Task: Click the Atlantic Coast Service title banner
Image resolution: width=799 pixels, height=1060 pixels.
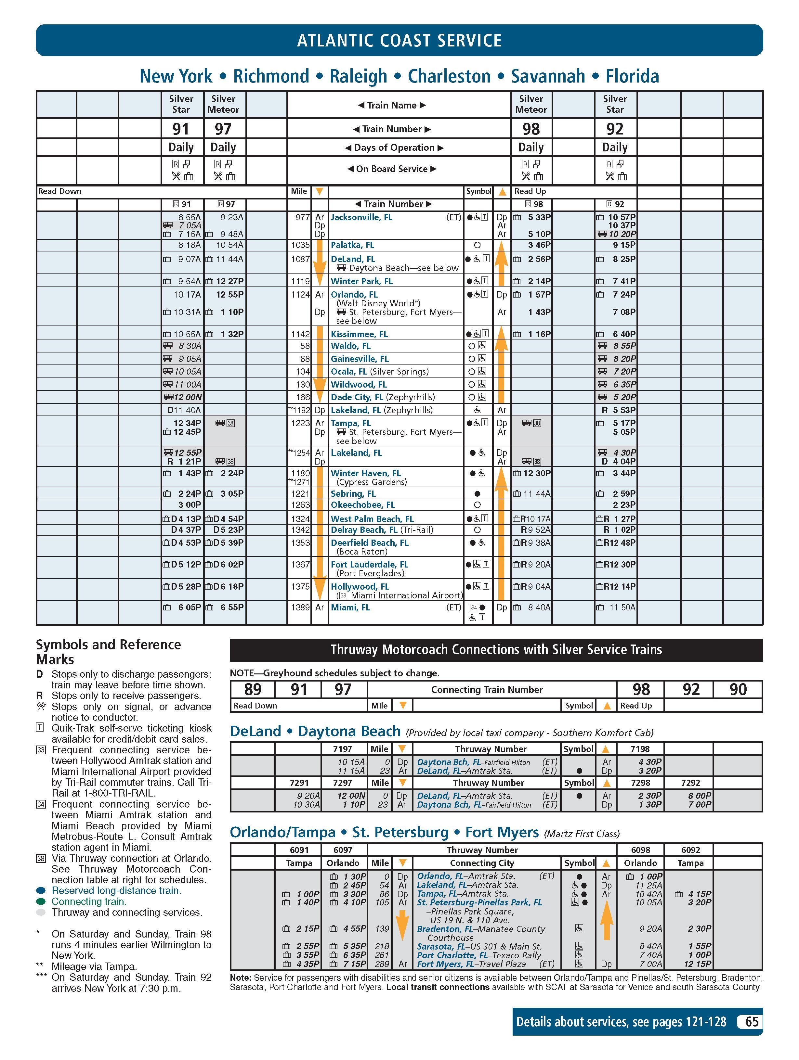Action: pos(399,40)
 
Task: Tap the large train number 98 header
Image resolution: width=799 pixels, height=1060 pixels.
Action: pos(531,129)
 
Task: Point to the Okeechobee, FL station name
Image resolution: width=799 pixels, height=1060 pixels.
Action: pos(362,504)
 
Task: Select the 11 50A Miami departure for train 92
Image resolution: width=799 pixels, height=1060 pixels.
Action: pos(622,607)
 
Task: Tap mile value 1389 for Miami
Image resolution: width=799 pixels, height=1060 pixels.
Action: pos(300,607)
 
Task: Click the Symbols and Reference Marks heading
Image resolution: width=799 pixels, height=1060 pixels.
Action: pos(108,651)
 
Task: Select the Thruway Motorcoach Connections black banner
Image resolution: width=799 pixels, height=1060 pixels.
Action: pos(496,649)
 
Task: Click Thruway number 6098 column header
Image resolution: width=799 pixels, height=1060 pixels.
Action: pos(640,849)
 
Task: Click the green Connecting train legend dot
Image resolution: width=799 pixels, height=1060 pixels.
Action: pos(41,901)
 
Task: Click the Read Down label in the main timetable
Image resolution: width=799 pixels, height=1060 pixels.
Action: pos(60,191)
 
